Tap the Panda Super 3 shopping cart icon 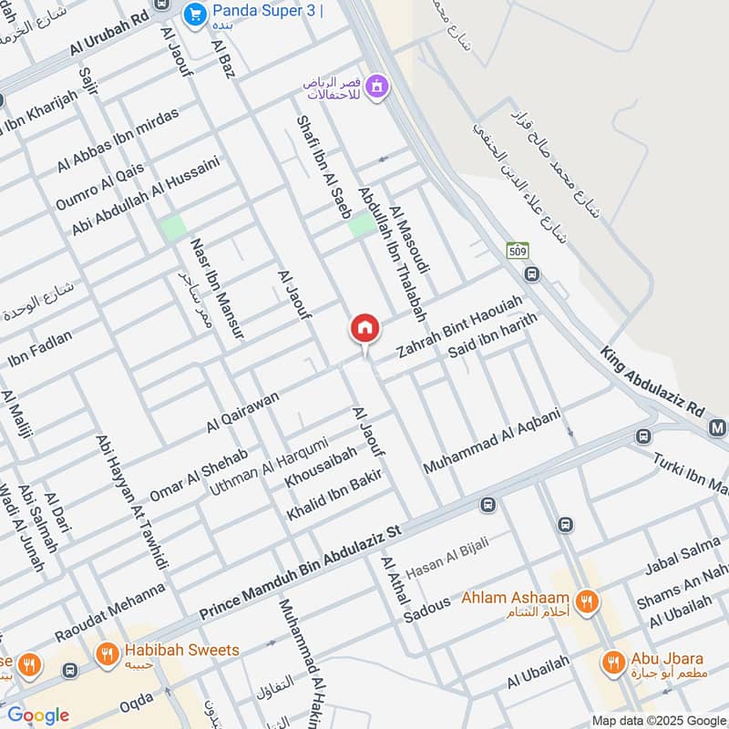[x=194, y=14]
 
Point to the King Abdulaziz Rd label [x=653, y=381]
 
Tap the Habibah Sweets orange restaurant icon [x=108, y=652]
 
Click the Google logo [x=38, y=715]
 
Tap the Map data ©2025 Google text [x=655, y=720]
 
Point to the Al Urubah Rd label [x=108, y=42]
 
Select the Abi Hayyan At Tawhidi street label [x=131, y=500]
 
